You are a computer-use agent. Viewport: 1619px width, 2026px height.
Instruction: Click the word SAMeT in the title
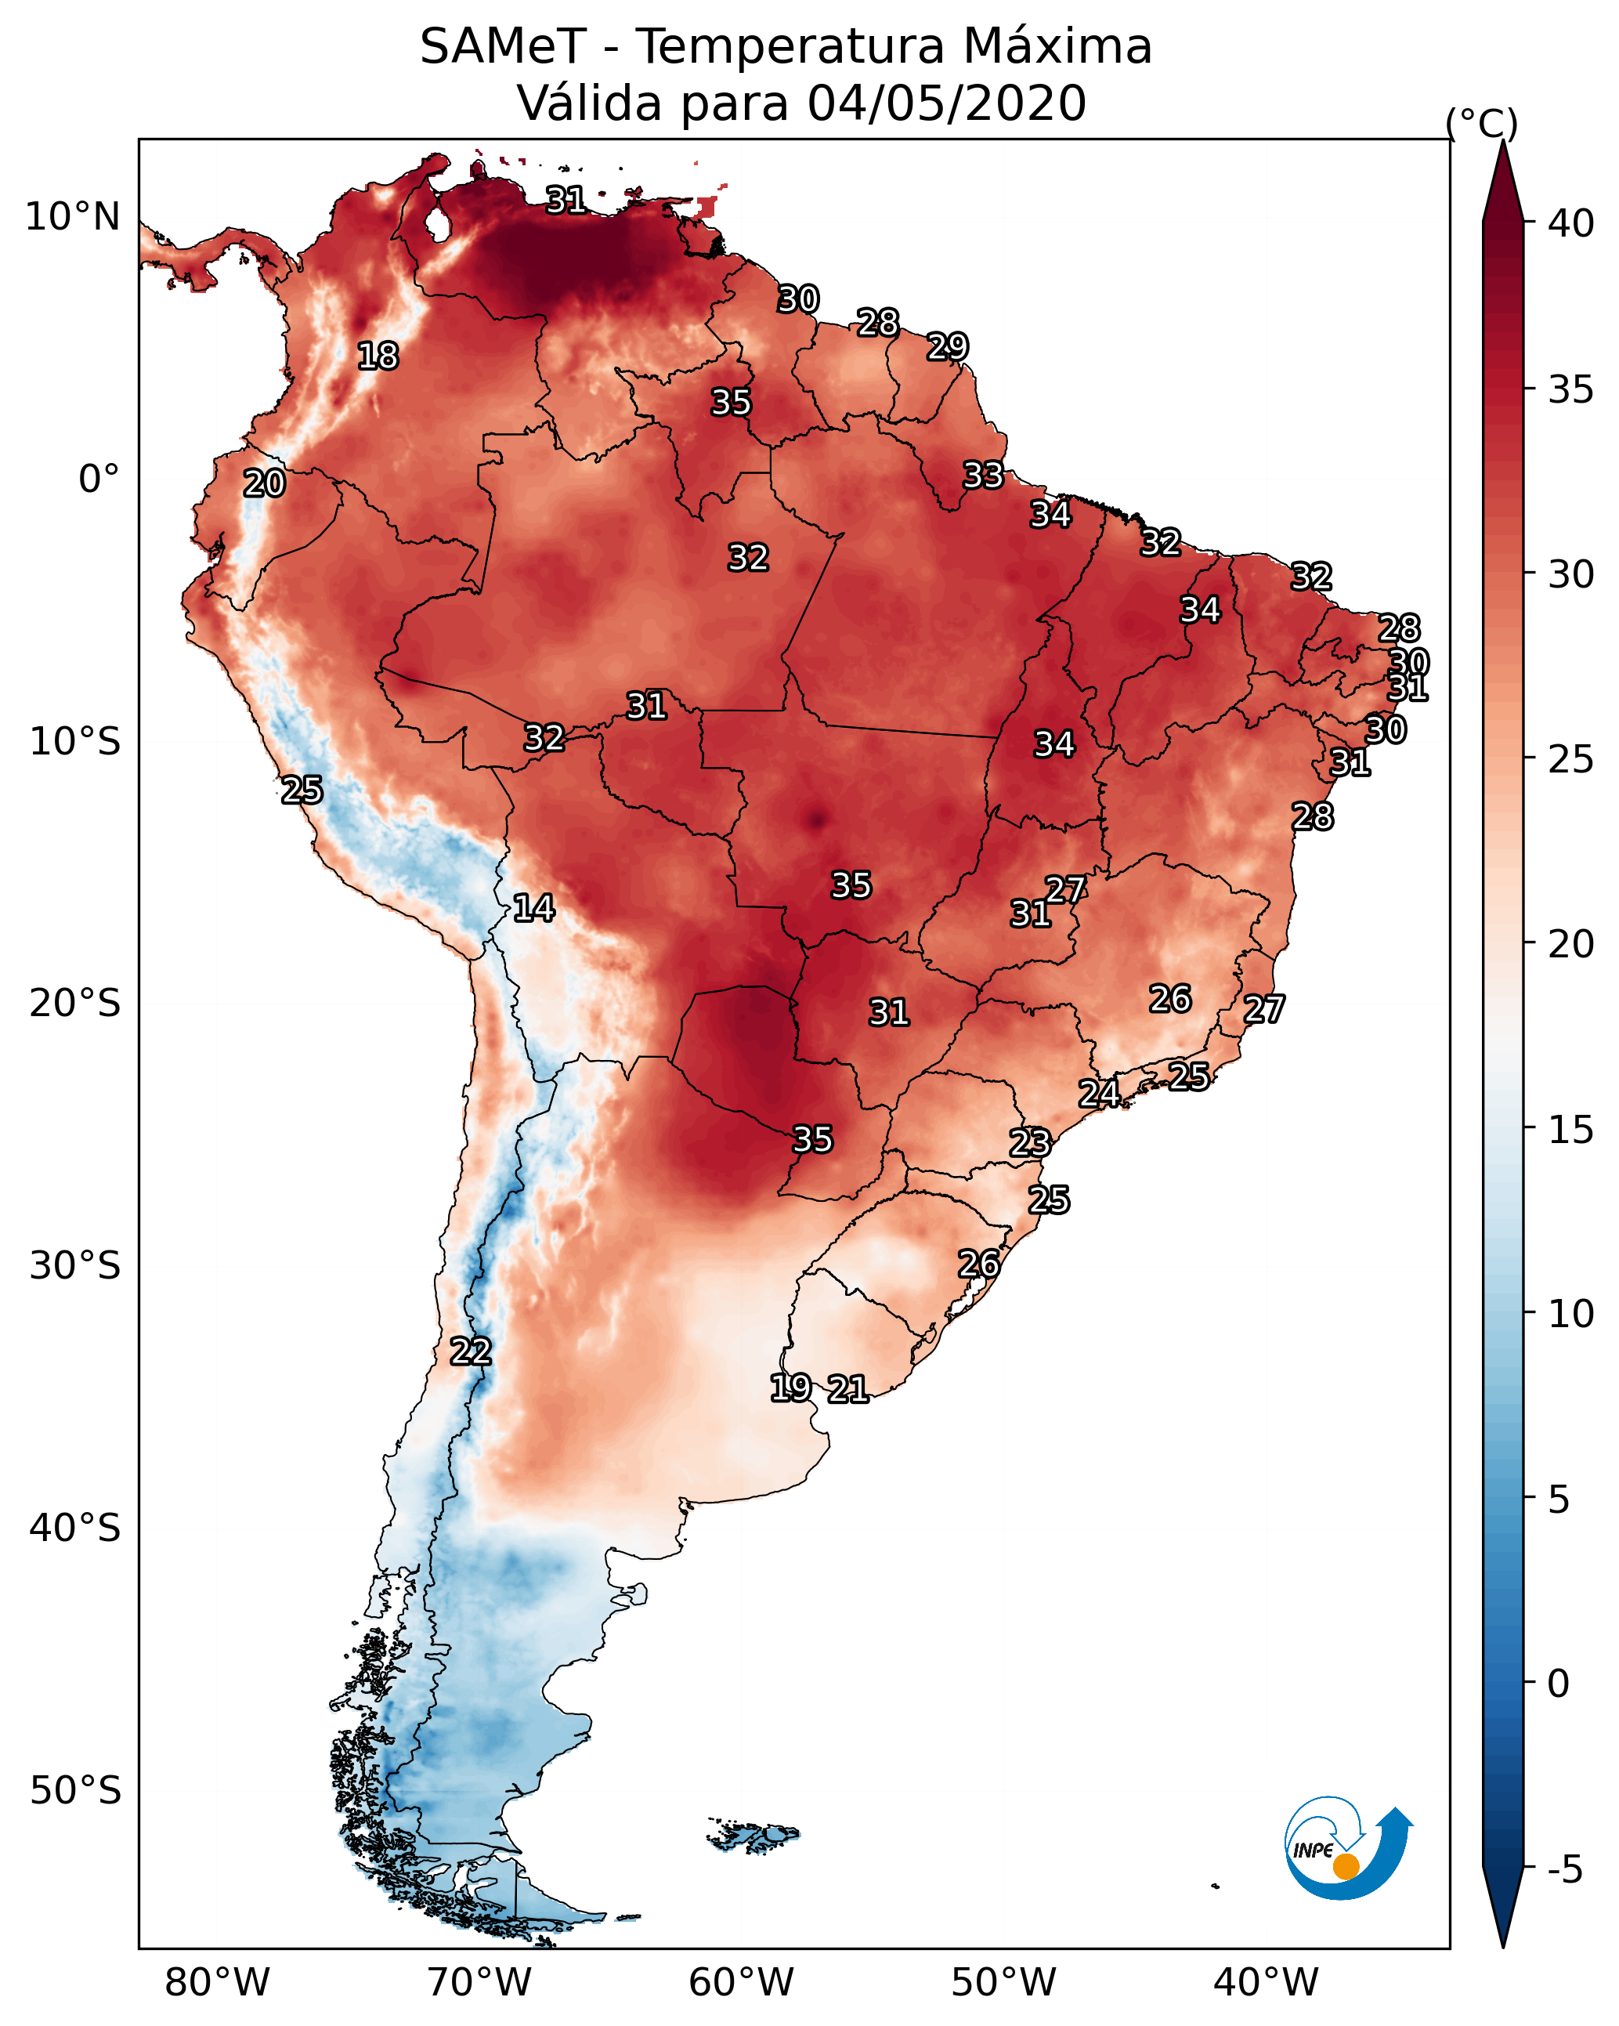pyautogui.click(x=503, y=47)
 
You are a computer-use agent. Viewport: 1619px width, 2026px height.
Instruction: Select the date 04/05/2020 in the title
pyautogui.click(x=946, y=103)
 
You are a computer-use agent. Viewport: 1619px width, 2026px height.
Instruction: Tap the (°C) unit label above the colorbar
pyautogui.click(x=1482, y=124)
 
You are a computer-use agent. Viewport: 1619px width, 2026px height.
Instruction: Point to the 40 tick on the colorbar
pyautogui.click(x=1571, y=223)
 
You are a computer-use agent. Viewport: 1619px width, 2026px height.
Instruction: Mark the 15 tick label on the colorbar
pyautogui.click(x=1571, y=1130)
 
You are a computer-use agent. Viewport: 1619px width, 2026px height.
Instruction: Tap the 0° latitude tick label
pyautogui.click(x=99, y=479)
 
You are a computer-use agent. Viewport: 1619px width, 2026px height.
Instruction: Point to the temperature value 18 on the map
pyautogui.click(x=378, y=356)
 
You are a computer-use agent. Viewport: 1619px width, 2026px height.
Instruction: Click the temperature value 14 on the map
pyautogui.click(x=533, y=908)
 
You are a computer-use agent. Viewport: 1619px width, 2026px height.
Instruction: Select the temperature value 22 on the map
pyautogui.click(x=471, y=1351)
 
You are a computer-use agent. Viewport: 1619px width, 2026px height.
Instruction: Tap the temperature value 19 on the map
pyautogui.click(x=790, y=1387)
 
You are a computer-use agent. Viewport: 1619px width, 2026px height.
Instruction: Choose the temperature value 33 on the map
pyautogui.click(x=984, y=476)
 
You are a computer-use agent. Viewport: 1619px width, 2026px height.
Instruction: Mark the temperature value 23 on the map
pyautogui.click(x=1030, y=1143)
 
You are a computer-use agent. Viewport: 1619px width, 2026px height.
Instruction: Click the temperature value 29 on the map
pyautogui.click(x=948, y=347)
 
